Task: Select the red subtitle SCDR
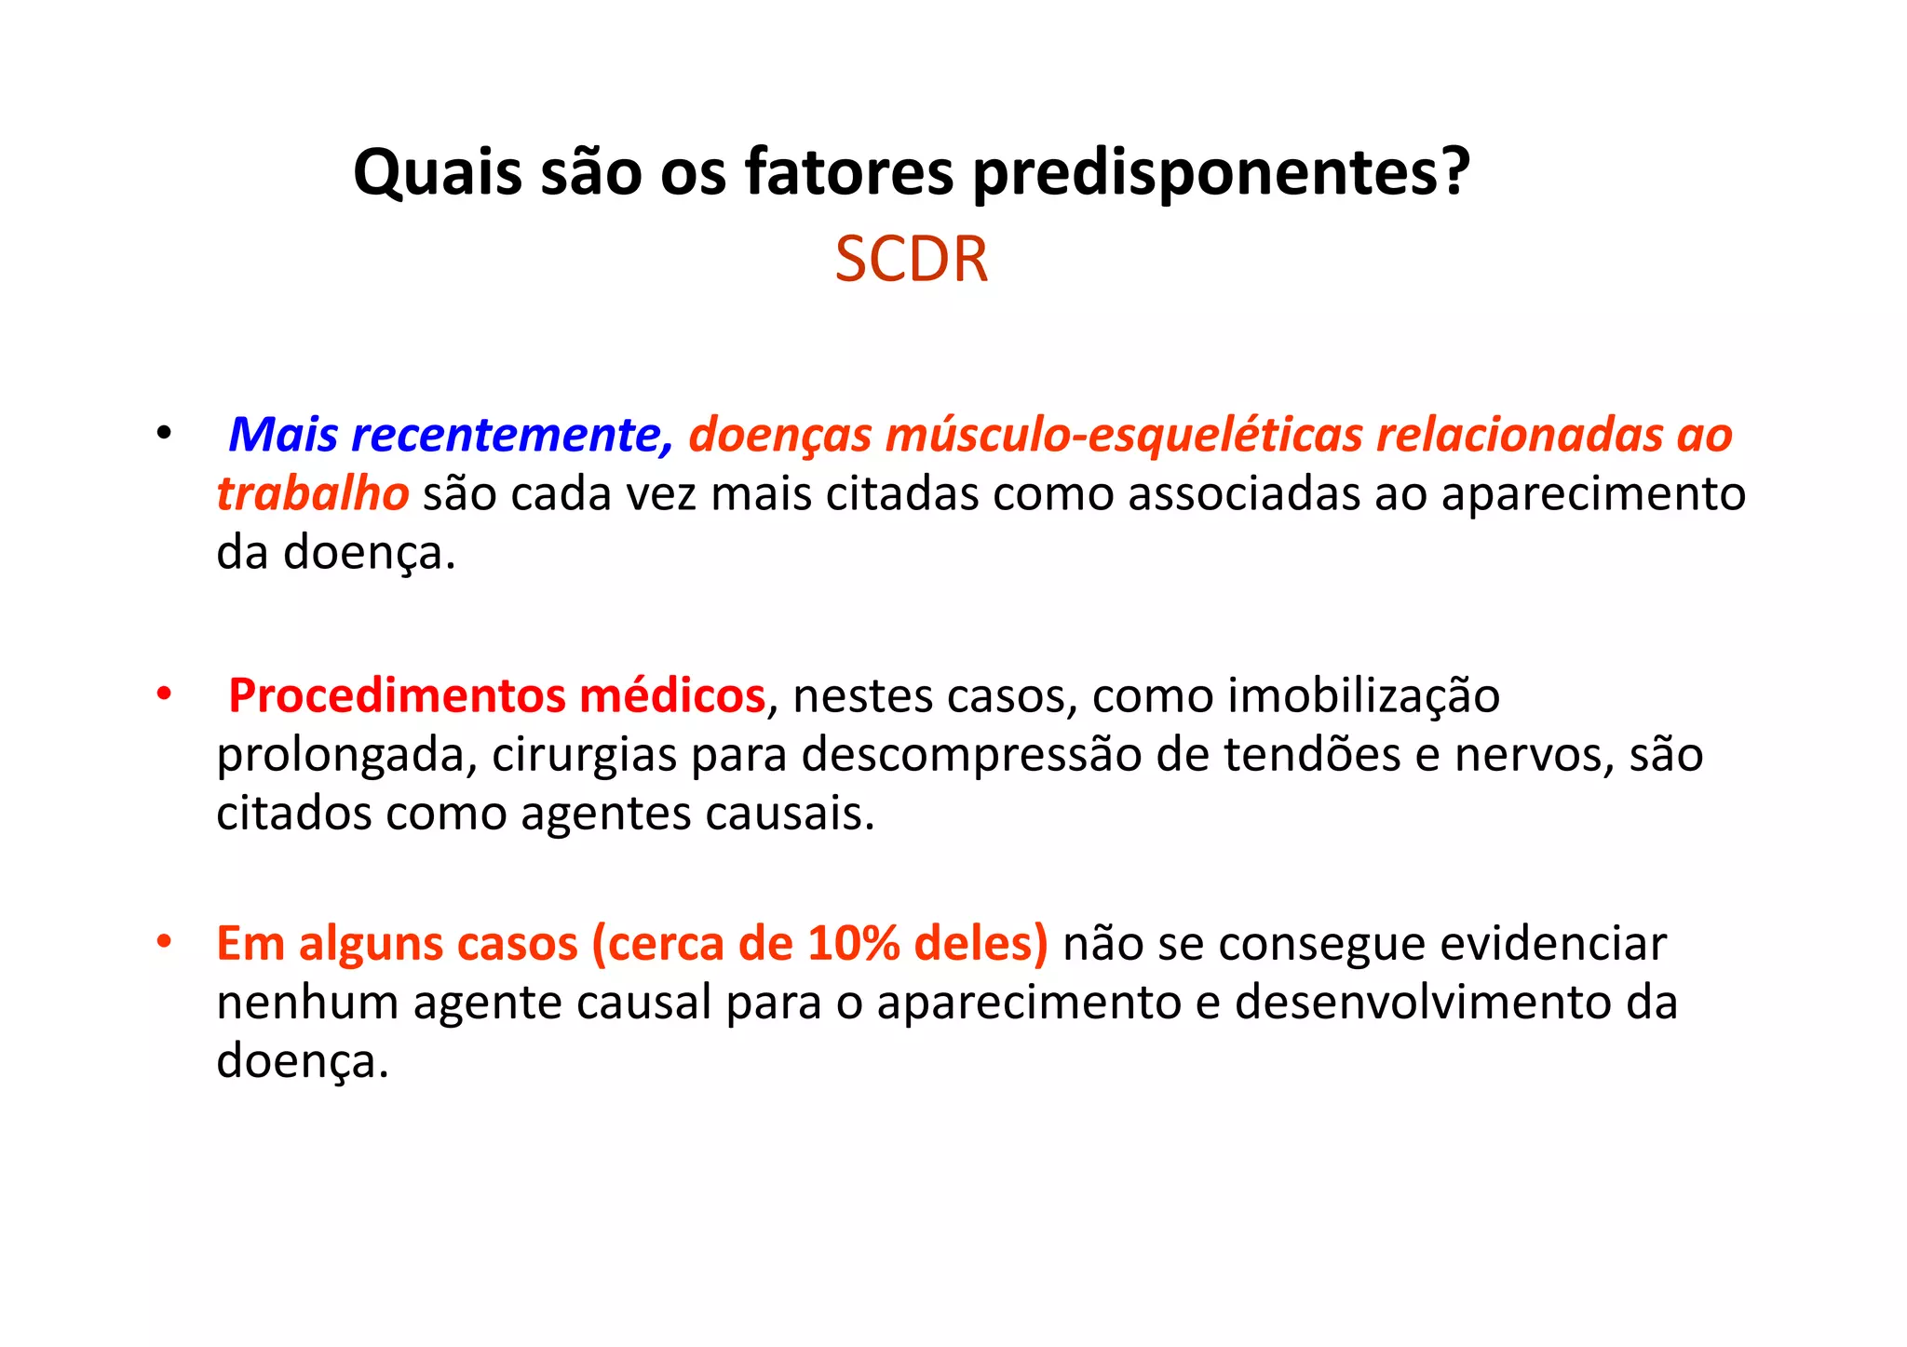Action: [x=911, y=260]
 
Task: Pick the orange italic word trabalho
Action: [x=312, y=493]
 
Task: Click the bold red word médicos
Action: [x=672, y=695]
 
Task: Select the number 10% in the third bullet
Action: [x=854, y=943]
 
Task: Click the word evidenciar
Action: [x=1553, y=943]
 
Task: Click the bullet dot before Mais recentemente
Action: [x=165, y=433]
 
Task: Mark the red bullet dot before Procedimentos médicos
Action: [x=165, y=694]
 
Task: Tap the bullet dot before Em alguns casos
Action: [x=165, y=941]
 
